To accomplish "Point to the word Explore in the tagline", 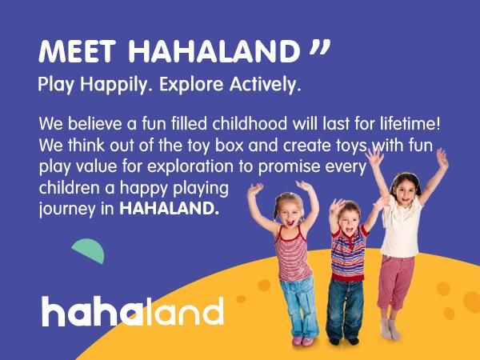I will [x=195, y=84].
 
